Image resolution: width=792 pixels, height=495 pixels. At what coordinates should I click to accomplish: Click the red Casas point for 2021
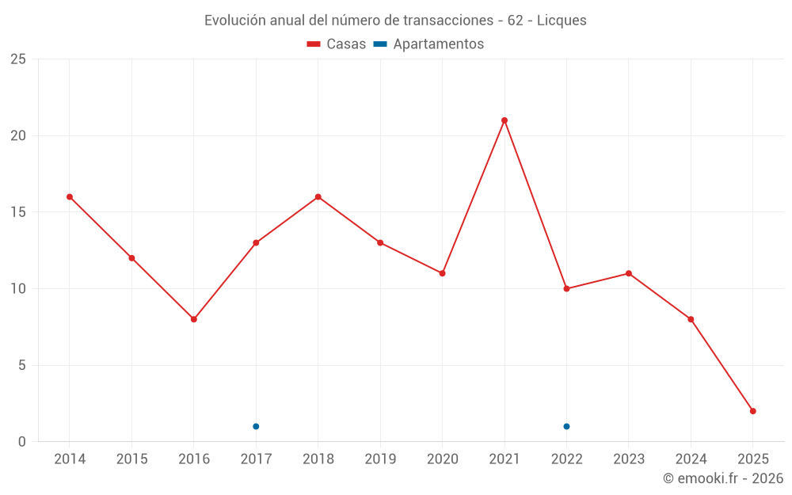pos(505,120)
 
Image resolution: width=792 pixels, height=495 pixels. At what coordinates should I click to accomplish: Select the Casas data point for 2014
pos(70,196)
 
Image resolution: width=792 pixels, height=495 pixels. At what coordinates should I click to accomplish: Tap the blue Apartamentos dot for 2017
pos(256,426)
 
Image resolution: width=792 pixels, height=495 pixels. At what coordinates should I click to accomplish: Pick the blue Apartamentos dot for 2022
pos(566,426)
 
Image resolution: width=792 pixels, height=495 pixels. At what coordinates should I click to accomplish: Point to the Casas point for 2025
pos(752,411)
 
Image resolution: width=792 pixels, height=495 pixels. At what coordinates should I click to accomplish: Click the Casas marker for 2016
pos(194,319)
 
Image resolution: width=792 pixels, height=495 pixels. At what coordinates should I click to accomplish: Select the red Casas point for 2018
pos(318,196)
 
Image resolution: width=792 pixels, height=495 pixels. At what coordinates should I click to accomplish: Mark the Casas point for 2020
pos(442,273)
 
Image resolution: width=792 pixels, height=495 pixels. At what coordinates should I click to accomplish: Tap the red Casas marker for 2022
pos(566,288)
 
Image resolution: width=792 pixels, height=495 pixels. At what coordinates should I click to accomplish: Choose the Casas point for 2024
pos(691,319)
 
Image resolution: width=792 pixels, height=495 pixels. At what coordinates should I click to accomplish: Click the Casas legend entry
pos(337,44)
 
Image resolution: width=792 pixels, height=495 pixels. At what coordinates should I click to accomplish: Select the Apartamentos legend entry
pos(428,44)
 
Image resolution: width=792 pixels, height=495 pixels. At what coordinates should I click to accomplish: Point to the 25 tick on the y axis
pos(18,59)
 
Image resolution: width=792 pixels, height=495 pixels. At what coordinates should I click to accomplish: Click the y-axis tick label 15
pos(18,212)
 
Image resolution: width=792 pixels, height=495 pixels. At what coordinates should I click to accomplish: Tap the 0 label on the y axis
pos(22,442)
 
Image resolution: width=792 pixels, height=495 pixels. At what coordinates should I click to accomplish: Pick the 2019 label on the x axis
pos(380,459)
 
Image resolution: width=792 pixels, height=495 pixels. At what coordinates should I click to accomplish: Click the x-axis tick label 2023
pos(628,459)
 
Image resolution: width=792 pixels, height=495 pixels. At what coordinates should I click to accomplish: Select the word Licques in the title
pos(562,21)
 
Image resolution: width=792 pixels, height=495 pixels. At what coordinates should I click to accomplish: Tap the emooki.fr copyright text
pos(722,478)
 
